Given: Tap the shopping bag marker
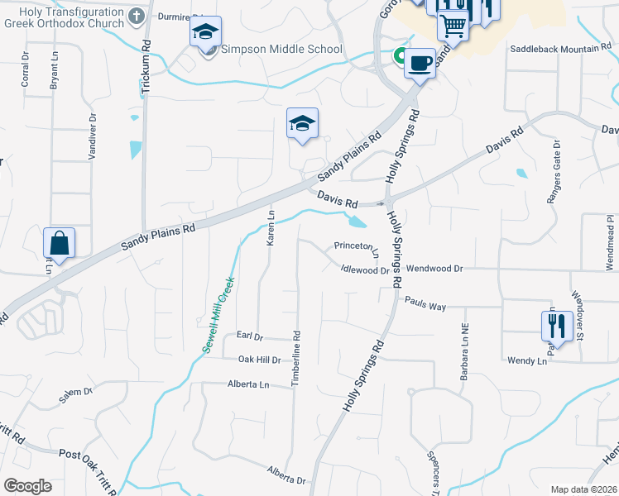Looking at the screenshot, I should [x=60, y=243].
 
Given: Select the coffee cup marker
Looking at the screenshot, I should [x=420, y=63].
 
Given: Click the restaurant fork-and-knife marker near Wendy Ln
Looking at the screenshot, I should [x=557, y=325].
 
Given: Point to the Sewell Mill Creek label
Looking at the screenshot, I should [x=219, y=314].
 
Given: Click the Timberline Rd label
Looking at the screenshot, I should [x=295, y=357].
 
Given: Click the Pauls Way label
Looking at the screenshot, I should [x=425, y=307].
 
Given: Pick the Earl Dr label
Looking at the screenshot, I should [x=249, y=336].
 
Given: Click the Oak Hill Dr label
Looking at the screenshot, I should [x=260, y=360].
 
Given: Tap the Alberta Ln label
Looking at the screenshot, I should [x=248, y=384].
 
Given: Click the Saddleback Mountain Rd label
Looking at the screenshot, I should [x=559, y=50].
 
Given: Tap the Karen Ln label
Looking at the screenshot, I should [x=270, y=228].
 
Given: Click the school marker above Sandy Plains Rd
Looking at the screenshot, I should [x=302, y=123].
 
